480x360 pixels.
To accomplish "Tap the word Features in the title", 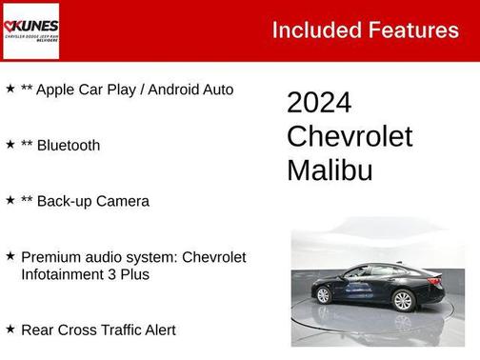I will [x=415, y=30].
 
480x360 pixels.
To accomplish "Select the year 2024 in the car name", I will [x=319, y=103].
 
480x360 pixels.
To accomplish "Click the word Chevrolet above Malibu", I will [x=350, y=136].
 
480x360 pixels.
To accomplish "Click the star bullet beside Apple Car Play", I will [x=10, y=90].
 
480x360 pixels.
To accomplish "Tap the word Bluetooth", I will [x=69, y=146].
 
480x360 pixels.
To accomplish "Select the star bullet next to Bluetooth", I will [x=10, y=145].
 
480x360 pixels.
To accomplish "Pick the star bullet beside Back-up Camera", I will [x=10, y=200].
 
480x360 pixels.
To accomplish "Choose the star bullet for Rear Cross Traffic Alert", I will [x=10, y=330].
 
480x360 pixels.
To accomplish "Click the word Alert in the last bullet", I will [x=156, y=330].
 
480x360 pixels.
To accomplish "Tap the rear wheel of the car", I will [x=404, y=301].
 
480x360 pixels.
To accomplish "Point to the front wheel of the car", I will [x=324, y=295].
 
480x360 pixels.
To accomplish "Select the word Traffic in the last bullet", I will [x=110, y=330].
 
